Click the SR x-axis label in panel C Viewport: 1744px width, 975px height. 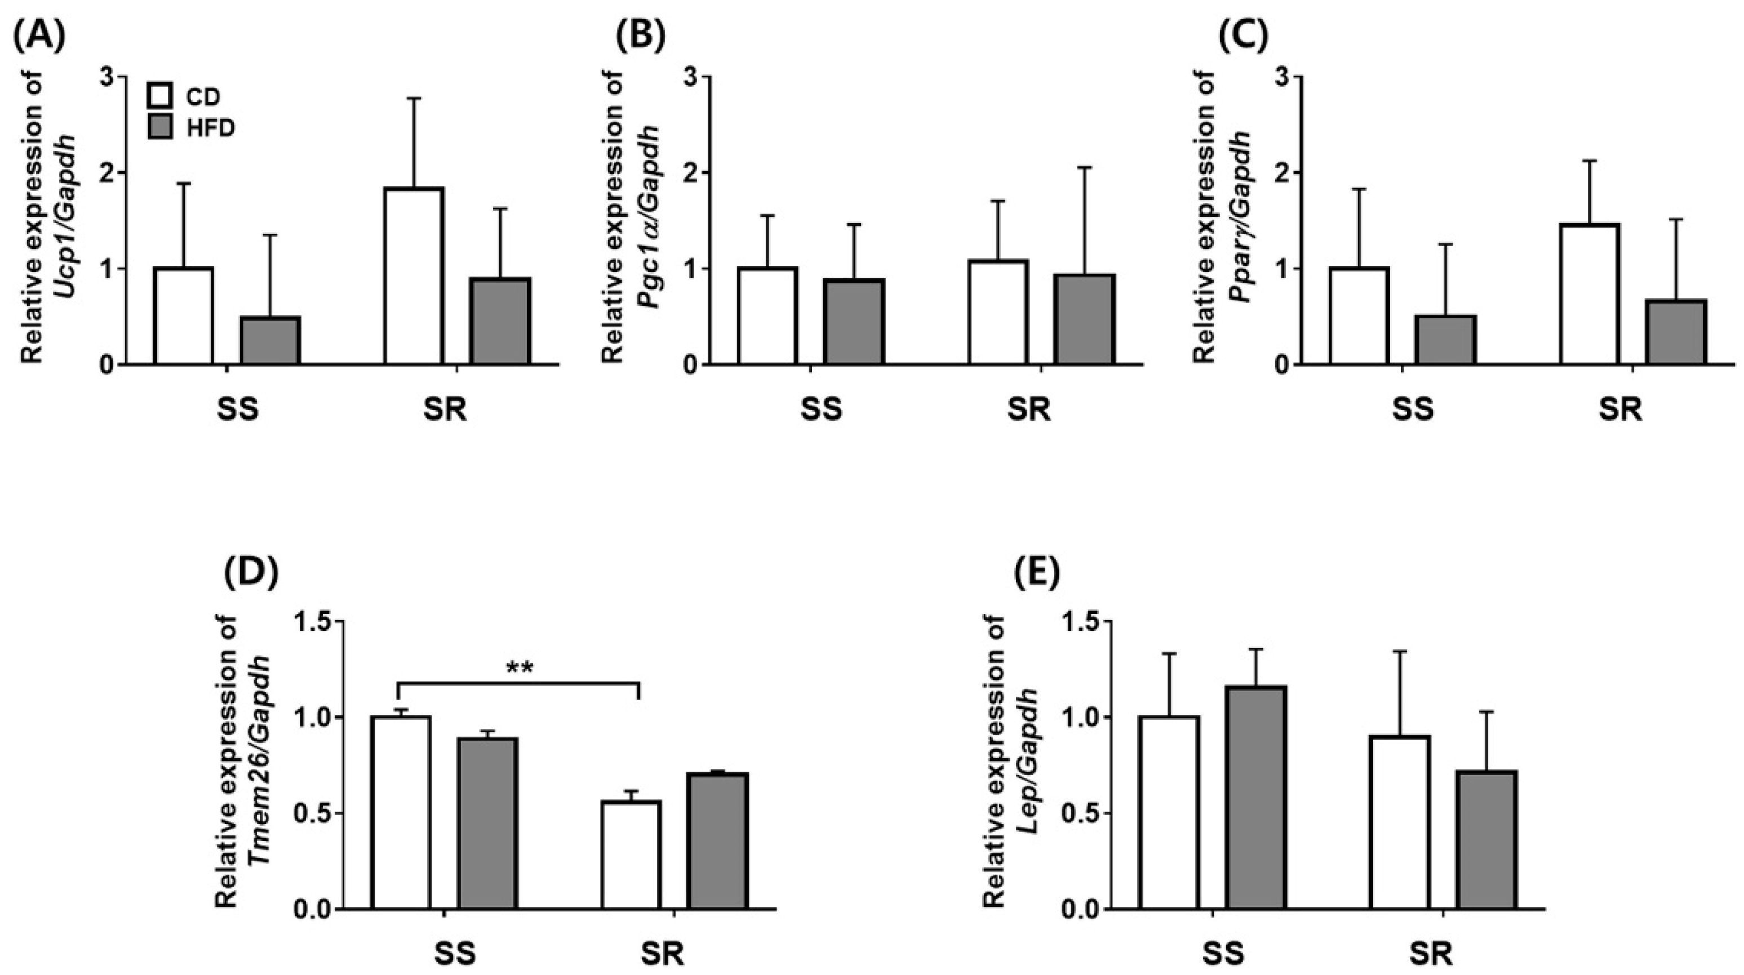pyautogui.click(x=1621, y=410)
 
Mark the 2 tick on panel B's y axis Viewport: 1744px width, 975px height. pyautogui.click(x=691, y=172)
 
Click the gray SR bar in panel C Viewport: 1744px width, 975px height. pyautogui.click(x=1676, y=332)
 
